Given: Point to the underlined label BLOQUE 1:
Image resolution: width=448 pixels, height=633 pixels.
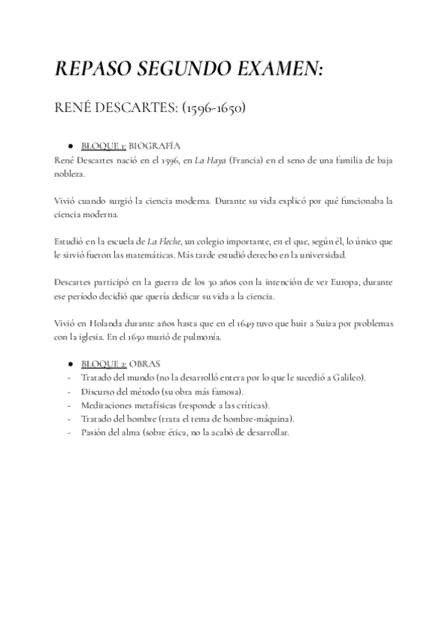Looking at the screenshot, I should click(102, 146).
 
